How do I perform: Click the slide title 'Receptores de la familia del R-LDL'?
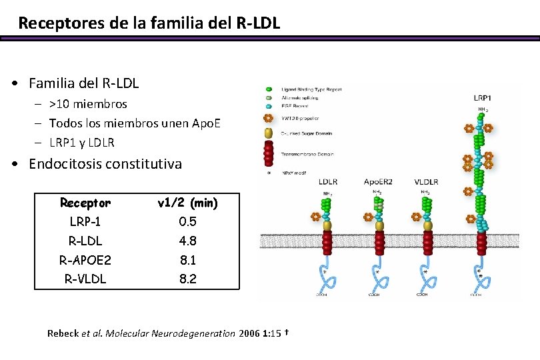[x=149, y=23]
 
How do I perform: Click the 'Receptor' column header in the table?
[x=85, y=202]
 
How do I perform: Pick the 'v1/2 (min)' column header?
[x=187, y=202]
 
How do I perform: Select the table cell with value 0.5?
[x=187, y=221]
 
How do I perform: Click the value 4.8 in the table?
[x=187, y=241]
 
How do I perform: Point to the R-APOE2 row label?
[x=85, y=260]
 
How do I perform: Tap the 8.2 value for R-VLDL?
[x=187, y=279]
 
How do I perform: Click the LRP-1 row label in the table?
[x=85, y=221]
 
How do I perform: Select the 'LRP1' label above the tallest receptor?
[x=482, y=98]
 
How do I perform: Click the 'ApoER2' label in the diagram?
[x=378, y=181]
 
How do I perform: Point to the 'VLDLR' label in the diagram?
[x=426, y=181]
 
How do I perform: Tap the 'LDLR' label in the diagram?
[x=328, y=181]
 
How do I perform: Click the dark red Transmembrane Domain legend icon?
[x=269, y=154]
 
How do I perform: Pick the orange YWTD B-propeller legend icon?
[x=269, y=119]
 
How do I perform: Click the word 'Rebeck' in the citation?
[x=63, y=333]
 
